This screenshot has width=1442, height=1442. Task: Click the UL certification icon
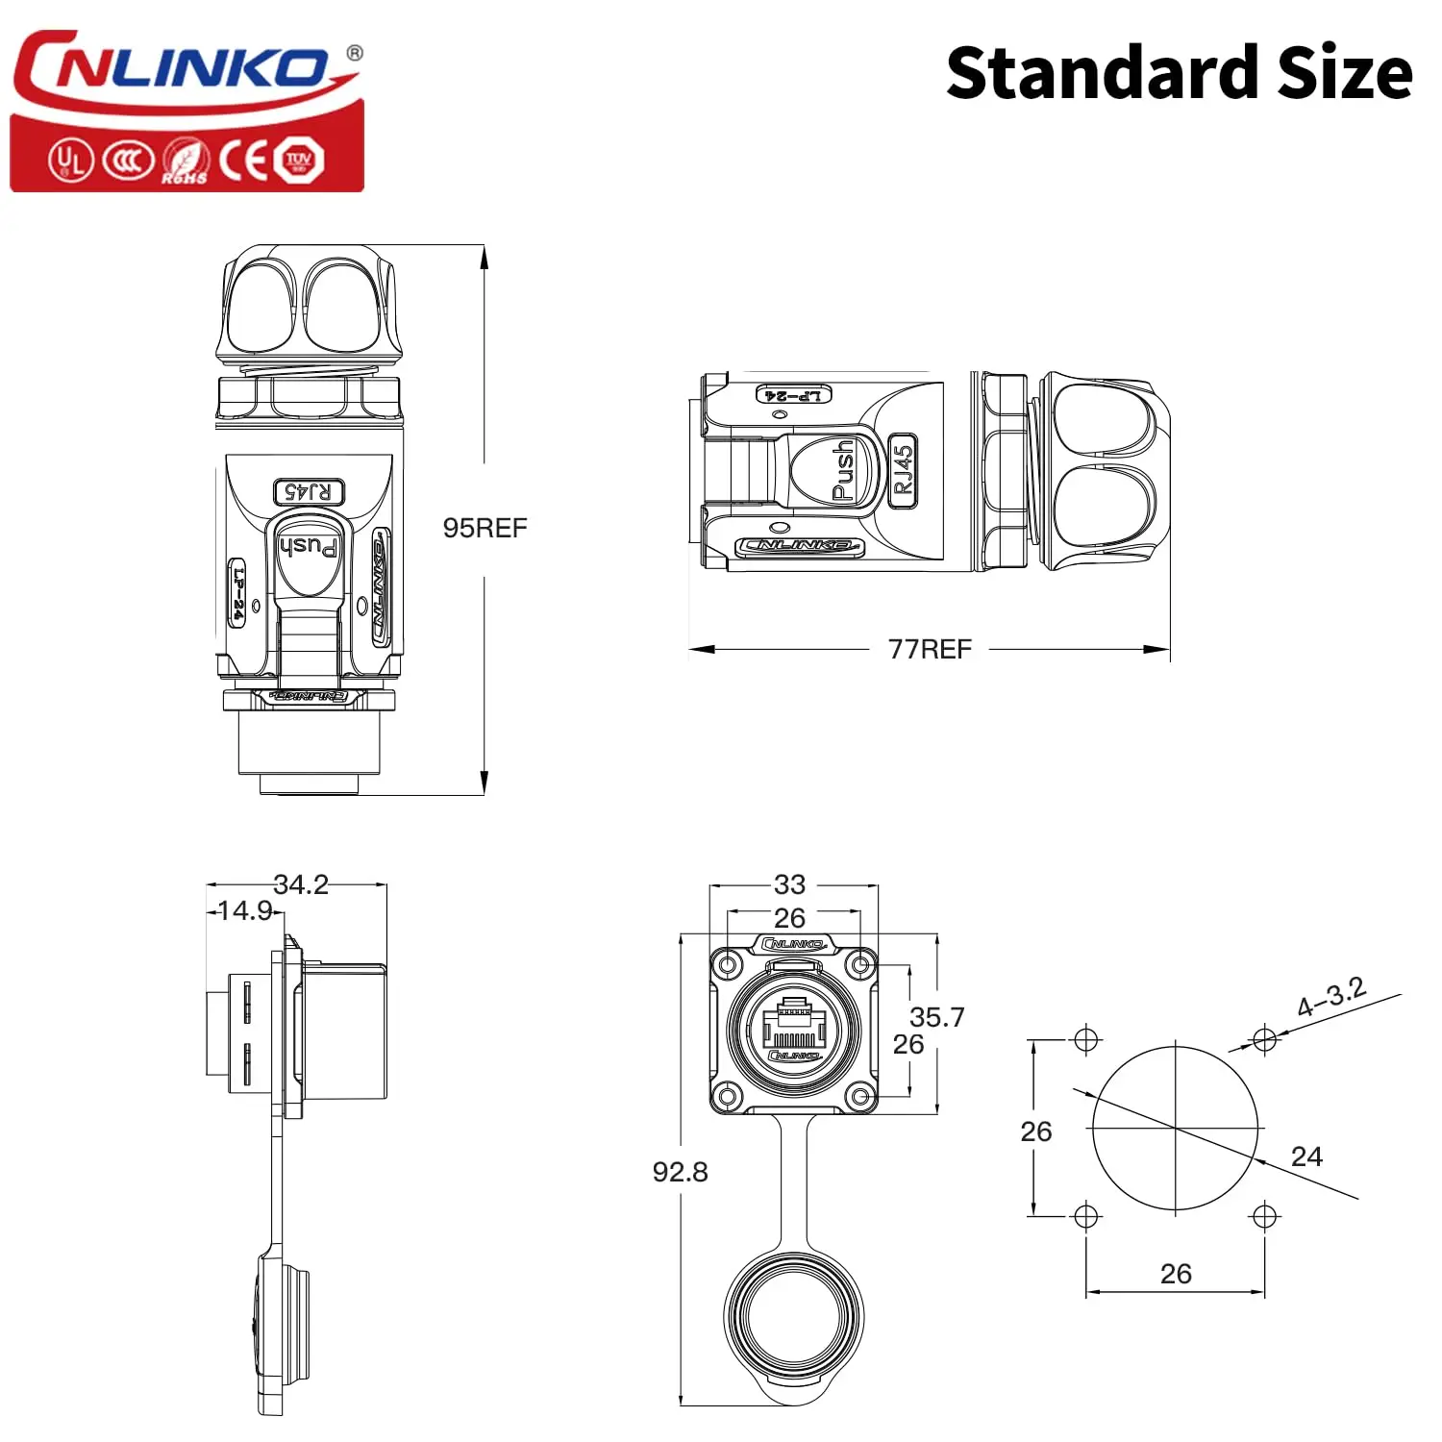70,160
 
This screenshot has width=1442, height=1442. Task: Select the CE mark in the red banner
243,160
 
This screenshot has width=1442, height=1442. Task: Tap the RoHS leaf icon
185,161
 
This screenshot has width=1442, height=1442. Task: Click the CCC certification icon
128,160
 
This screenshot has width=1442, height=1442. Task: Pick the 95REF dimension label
485,528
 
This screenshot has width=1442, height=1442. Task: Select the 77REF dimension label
930,649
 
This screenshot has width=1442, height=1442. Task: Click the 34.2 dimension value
301,883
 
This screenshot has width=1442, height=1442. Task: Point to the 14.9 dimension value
245,909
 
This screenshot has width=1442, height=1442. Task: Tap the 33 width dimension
789,883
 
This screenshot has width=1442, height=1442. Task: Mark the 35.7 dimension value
936,1016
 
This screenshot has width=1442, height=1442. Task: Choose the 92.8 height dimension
680,1171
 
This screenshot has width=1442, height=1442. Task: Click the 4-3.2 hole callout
1331,997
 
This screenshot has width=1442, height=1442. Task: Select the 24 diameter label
1306,1156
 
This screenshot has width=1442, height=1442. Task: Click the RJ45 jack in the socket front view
794,1027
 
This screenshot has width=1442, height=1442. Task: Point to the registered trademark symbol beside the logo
355,53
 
